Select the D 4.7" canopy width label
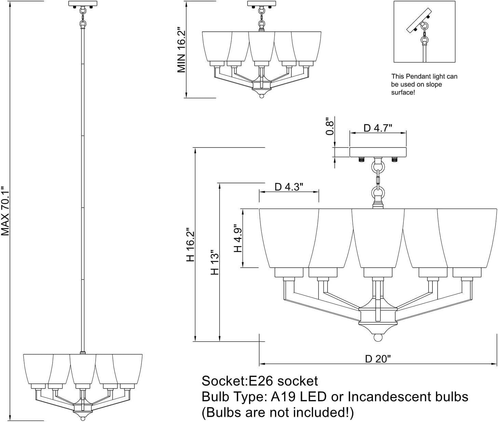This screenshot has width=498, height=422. click(x=378, y=128)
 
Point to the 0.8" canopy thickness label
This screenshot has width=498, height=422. click(x=330, y=126)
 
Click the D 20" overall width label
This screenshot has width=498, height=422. click(x=378, y=359)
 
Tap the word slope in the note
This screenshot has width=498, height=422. click(x=433, y=84)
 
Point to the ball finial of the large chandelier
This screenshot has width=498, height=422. click(x=377, y=338)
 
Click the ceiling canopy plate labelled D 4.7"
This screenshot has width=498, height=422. click(x=378, y=152)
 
